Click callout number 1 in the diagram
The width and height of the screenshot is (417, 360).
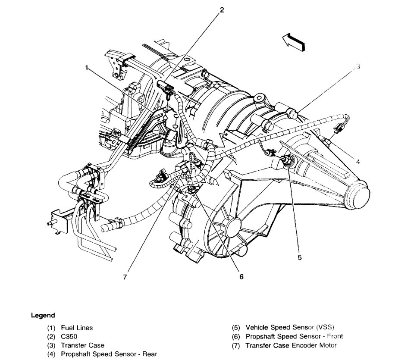[x=87, y=68]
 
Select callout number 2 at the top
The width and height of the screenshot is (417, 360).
[x=222, y=10]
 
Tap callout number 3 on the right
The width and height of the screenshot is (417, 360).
[x=357, y=66]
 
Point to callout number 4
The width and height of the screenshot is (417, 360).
[x=357, y=162]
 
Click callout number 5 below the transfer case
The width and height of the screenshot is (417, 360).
[x=300, y=257]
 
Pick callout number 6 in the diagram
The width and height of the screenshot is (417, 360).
[x=241, y=277]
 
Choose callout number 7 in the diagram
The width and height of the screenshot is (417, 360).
[x=125, y=277]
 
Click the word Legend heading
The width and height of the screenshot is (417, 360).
[x=43, y=315]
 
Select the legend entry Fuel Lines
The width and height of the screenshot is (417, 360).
[x=77, y=328]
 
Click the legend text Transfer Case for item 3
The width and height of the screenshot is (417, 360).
[x=83, y=345]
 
